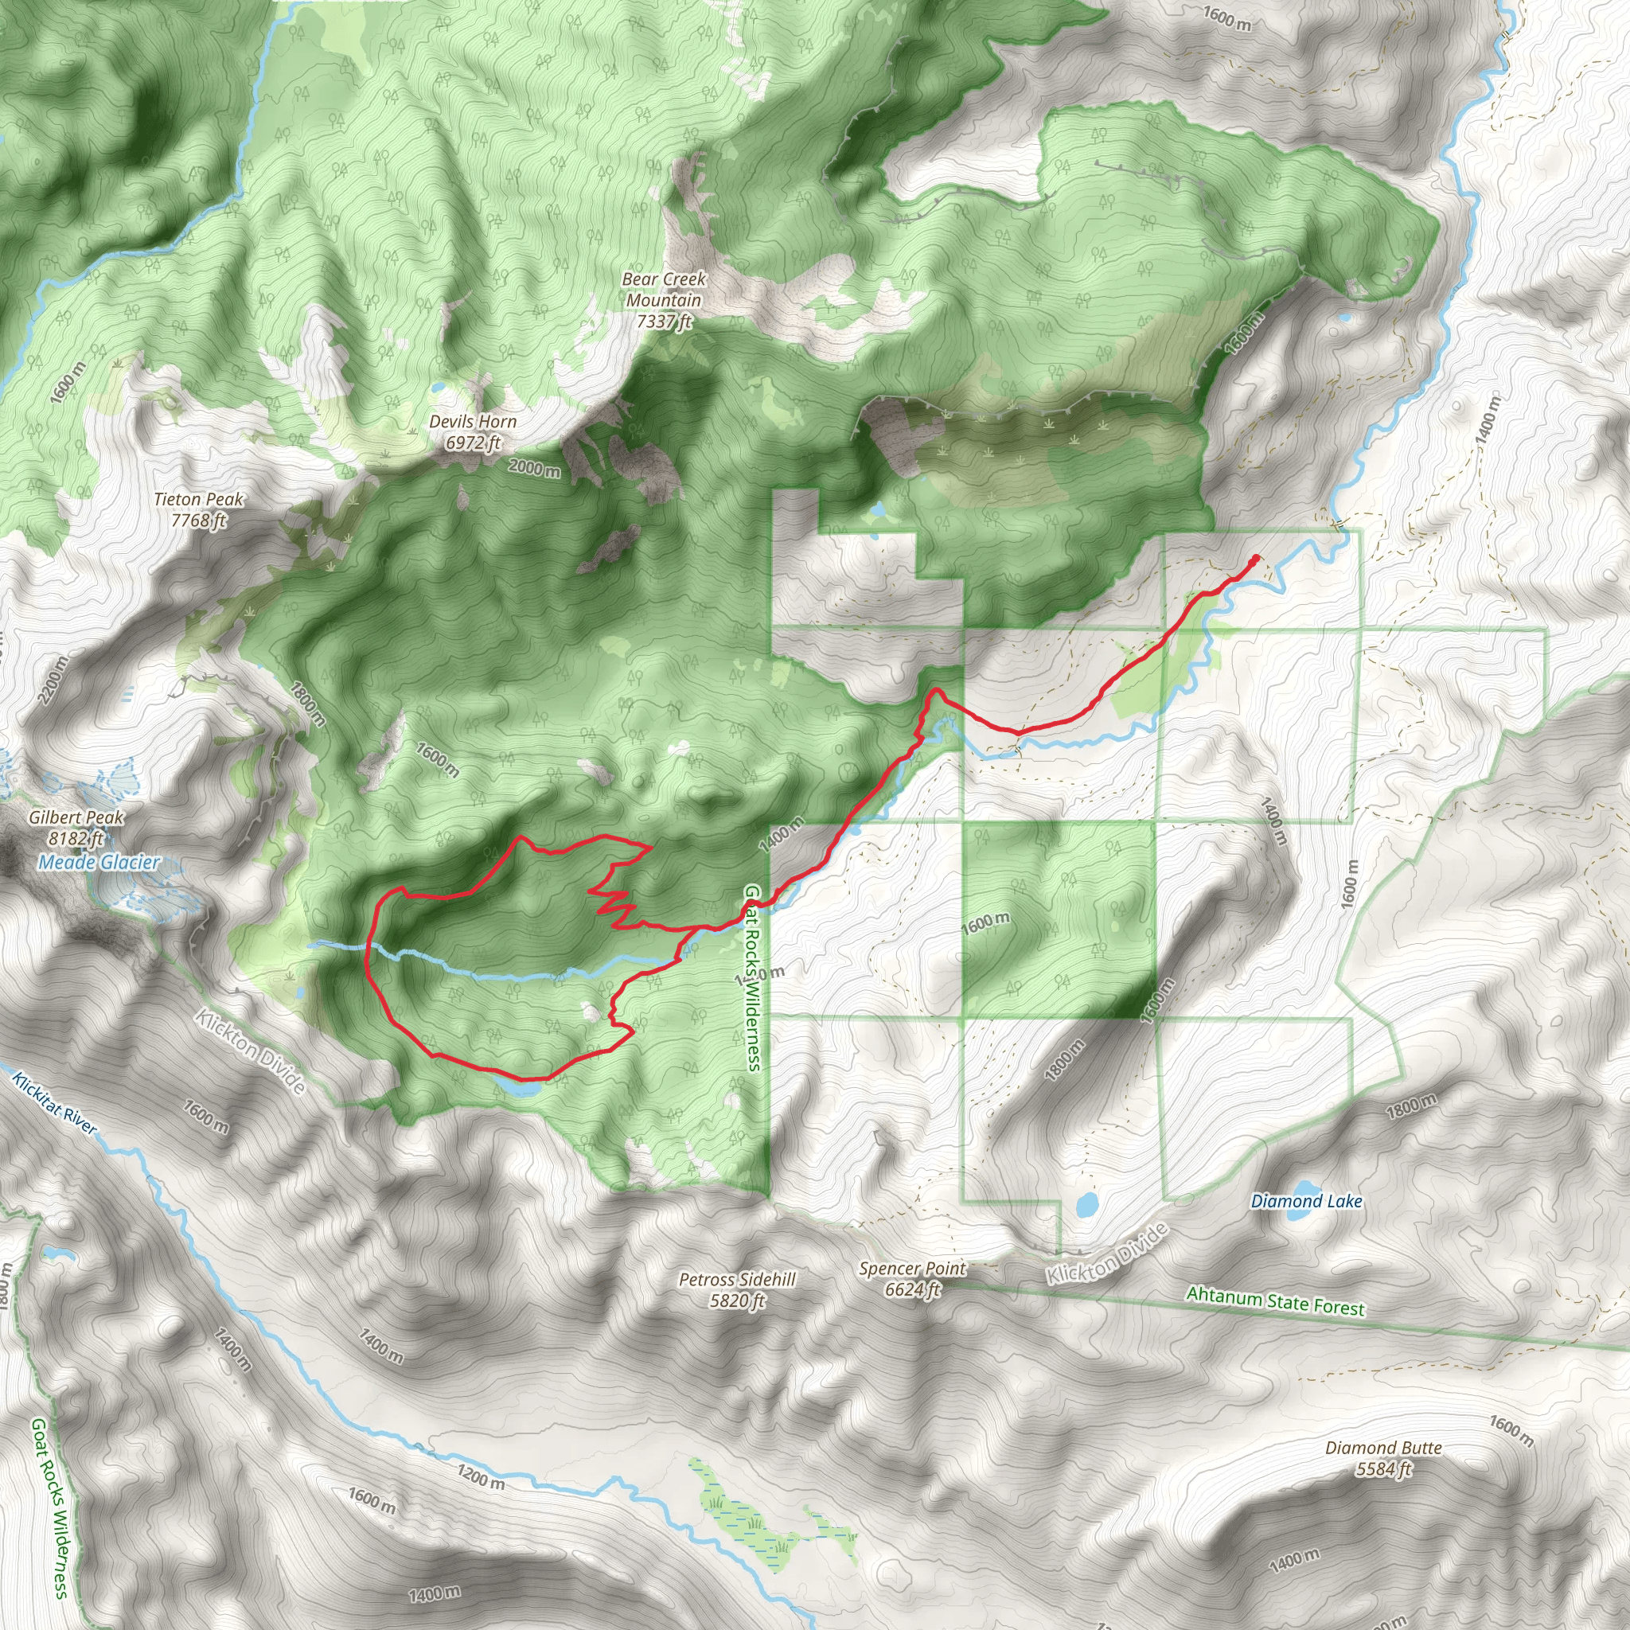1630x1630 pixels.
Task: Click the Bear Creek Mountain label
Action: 664,300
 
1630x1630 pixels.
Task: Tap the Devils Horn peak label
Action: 473,431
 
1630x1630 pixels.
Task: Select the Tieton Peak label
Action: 198,509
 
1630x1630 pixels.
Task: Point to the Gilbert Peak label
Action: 76,827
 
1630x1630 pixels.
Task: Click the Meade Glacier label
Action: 99,862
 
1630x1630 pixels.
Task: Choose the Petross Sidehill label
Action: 736,1290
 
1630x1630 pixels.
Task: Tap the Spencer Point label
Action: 912,1279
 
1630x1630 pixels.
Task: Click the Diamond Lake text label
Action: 1306,1200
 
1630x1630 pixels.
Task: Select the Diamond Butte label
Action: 1382,1459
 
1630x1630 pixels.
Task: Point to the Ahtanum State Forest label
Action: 1275,1300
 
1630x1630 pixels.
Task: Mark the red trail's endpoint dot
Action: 1256,558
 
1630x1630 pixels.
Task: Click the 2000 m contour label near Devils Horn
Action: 534,466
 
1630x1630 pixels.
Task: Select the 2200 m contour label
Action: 53,680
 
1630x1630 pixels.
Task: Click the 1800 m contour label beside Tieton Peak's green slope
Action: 307,703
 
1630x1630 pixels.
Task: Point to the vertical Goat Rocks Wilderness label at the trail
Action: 753,978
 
